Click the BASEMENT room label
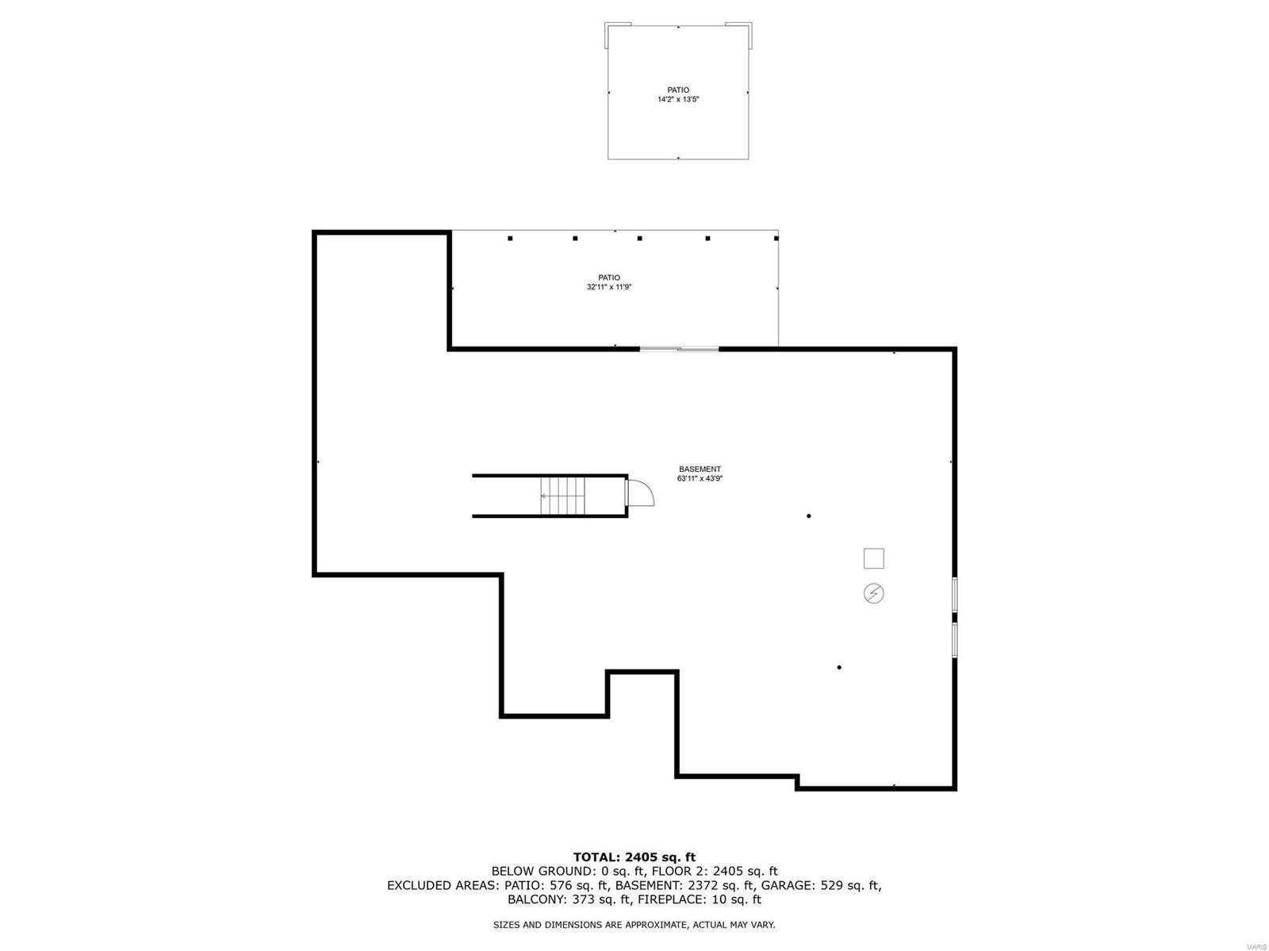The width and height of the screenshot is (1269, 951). [x=700, y=469]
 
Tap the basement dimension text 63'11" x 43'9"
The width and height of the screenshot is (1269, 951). [x=700, y=478]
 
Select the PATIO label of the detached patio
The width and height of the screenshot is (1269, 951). [x=677, y=90]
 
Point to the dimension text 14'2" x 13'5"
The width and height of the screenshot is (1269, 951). [x=677, y=99]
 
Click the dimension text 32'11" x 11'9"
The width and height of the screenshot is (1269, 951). [x=609, y=287]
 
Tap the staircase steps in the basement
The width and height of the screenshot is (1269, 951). [x=562, y=496]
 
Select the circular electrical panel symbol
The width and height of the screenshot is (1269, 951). [x=873, y=592]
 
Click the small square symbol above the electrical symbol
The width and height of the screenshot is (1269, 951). [x=873, y=558]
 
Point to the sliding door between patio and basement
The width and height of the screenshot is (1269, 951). [x=679, y=348]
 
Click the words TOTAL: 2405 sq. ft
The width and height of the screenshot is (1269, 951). [x=634, y=857]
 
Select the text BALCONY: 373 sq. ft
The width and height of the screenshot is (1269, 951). [x=564, y=899]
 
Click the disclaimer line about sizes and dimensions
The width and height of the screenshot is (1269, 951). [x=634, y=925]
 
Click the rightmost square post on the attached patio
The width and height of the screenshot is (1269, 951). [x=776, y=238]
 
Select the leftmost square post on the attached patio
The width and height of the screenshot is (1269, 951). [x=510, y=238]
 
